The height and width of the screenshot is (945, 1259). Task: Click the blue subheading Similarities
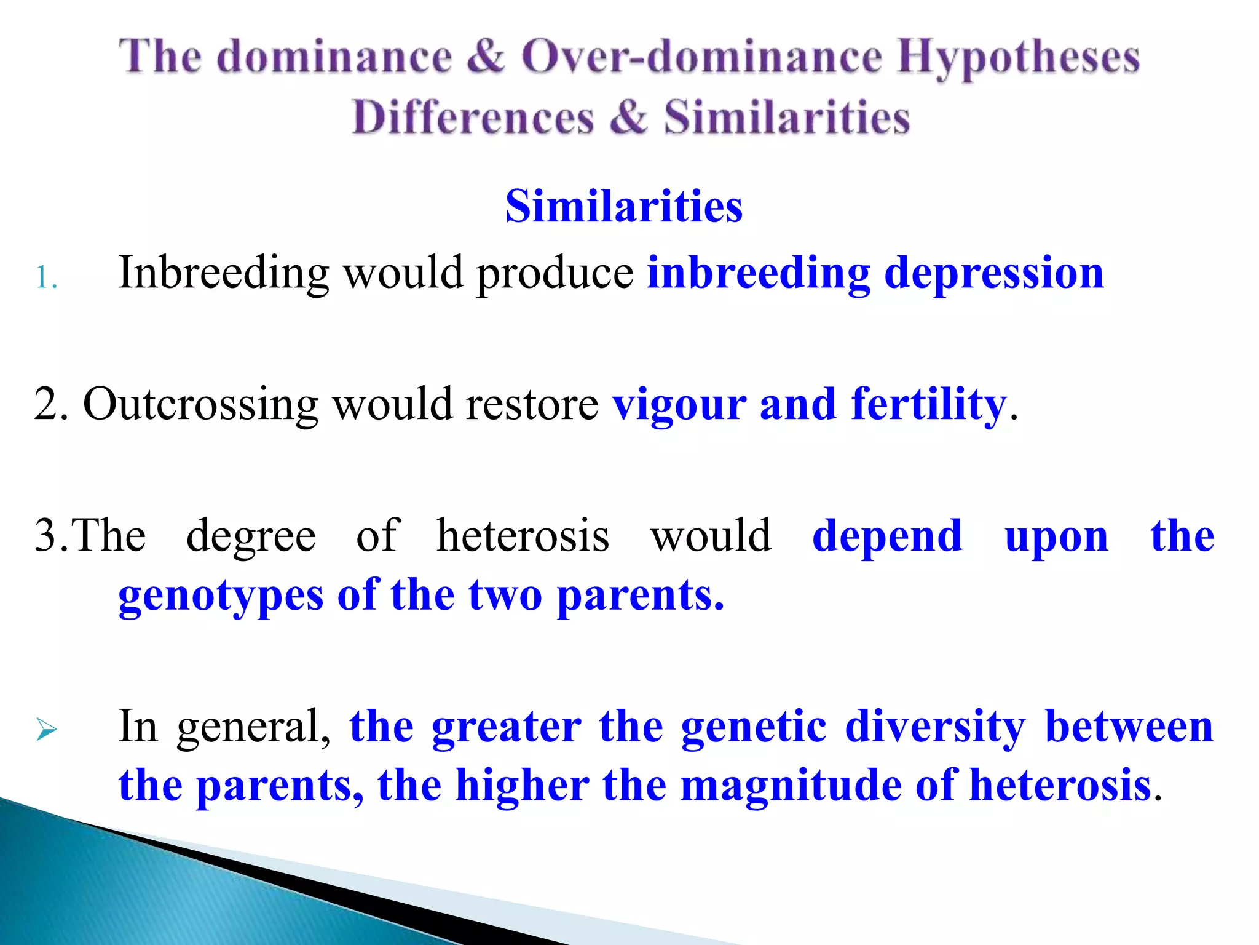(x=624, y=206)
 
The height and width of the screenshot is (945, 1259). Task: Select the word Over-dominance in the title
(x=701, y=57)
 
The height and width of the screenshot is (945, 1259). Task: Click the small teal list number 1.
(x=45, y=277)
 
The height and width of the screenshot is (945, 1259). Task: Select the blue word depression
(x=994, y=273)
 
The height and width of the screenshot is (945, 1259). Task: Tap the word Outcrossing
(x=201, y=405)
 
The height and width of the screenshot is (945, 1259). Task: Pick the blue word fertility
(x=928, y=405)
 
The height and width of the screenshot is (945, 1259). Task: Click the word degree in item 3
(x=251, y=536)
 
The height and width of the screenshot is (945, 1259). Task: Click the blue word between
(x=1129, y=727)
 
